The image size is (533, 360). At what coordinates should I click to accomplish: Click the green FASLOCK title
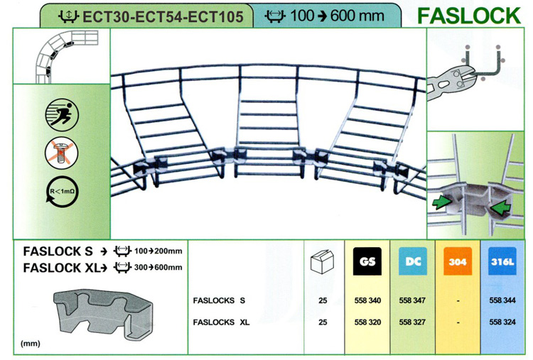469,16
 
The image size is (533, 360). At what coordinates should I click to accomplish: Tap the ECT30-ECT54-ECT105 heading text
163,16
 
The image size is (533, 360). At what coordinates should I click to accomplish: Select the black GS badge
367,261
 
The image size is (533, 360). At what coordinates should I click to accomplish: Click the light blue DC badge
413,261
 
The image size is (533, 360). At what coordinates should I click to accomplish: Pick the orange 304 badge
458,261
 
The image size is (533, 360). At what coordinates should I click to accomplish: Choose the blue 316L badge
502,261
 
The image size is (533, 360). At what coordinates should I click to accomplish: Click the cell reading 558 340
367,300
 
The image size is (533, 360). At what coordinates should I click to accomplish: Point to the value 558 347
412,300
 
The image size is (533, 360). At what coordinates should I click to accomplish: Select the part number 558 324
502,322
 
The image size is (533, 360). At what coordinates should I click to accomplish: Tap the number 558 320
367,322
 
